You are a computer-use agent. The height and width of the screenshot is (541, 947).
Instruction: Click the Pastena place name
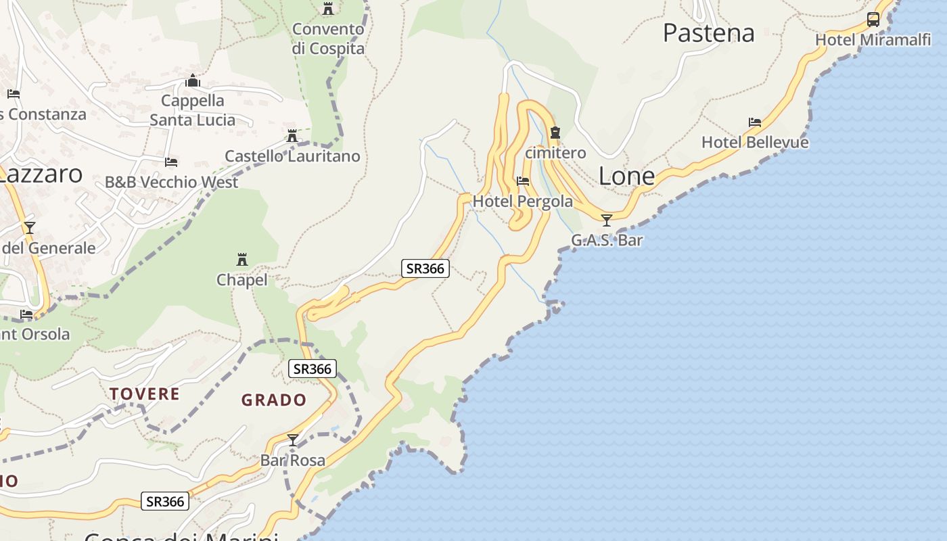[708, 32]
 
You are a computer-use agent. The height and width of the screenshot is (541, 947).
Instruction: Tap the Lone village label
[626, 177]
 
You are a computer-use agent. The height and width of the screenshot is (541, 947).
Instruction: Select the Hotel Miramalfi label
[873, 40]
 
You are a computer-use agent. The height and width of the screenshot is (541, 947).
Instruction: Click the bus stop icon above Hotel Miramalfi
[873, 19]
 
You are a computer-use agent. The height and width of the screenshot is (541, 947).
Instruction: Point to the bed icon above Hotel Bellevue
[755, 122]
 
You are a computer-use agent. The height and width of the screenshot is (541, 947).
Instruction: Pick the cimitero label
[555, 153]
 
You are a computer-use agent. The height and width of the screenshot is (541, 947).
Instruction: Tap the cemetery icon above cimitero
[555, 133]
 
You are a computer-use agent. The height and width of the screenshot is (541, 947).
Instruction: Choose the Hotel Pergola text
[522, 201]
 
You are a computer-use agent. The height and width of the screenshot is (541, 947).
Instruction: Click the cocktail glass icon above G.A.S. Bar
[607, 220]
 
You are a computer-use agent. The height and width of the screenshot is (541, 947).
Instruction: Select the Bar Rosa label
[293, 461]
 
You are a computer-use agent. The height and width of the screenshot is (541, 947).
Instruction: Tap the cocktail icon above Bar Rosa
[293, 440]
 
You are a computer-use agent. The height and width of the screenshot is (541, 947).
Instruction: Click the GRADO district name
[274, 400]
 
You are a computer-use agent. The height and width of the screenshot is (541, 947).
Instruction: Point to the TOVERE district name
[145, 394]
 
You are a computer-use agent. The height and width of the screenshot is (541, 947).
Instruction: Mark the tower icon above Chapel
[241, 259]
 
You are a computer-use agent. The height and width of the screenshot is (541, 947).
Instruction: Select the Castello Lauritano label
[292, 156]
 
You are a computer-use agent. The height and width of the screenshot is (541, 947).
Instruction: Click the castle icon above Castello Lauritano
[292, 136]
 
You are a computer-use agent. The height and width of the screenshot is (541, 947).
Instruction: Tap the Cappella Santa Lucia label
[193, 110]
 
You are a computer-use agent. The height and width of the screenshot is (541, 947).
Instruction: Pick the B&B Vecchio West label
[171, 182]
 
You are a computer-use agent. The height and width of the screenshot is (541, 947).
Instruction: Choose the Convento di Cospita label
[328, 39]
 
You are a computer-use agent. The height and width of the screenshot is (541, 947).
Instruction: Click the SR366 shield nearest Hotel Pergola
[425, 268]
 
